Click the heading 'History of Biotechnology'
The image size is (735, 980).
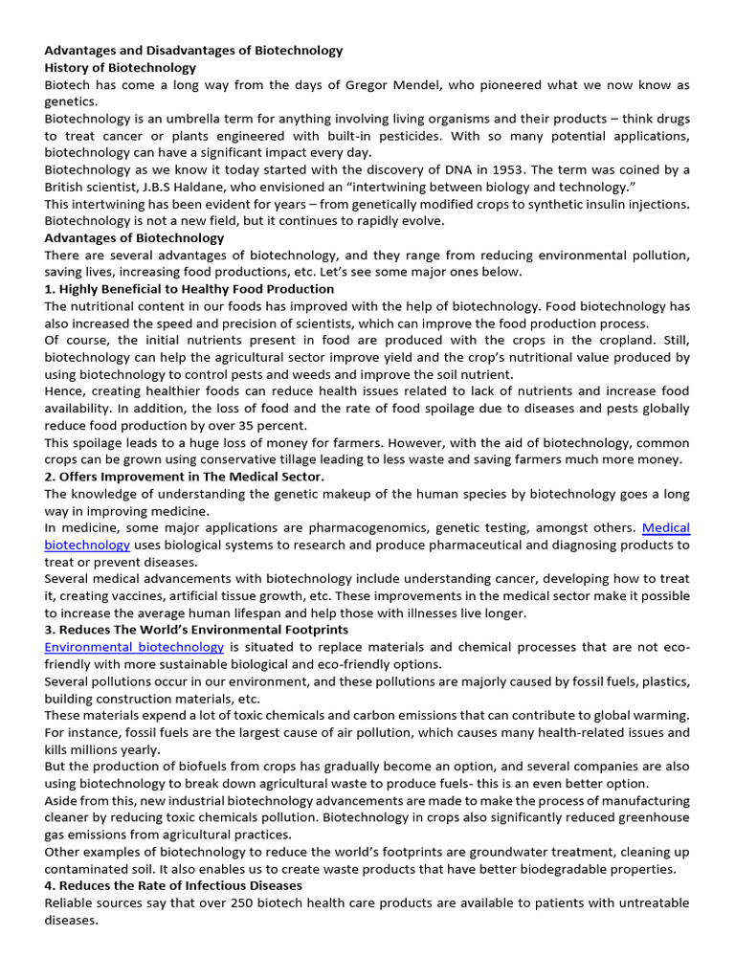click(120, 68)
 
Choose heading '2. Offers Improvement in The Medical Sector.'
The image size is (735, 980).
click(184, 476)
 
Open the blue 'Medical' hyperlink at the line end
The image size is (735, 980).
click(665, 527)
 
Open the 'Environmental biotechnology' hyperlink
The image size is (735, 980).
click(134, 646)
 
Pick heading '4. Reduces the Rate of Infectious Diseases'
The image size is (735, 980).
click(173, 885)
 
